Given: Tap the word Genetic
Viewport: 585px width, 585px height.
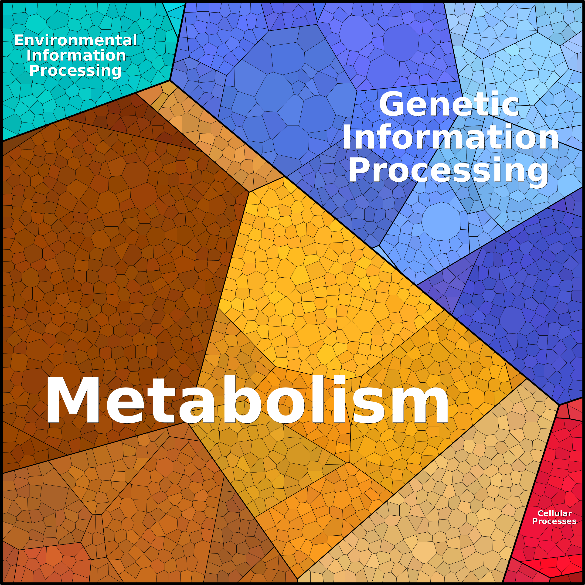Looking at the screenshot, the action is pyautogui.click(x=449, y=104).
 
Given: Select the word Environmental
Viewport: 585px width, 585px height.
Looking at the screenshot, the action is pyautogui.click(x=76, y=40).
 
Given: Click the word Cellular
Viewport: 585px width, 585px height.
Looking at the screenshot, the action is pyautogui.click(x=554, y=513).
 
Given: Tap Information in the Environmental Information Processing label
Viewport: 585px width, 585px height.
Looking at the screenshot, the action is pyautogui.click(x=76, y=55).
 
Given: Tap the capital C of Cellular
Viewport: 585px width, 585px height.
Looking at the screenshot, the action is pyautogui.click(x=541, y=513).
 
